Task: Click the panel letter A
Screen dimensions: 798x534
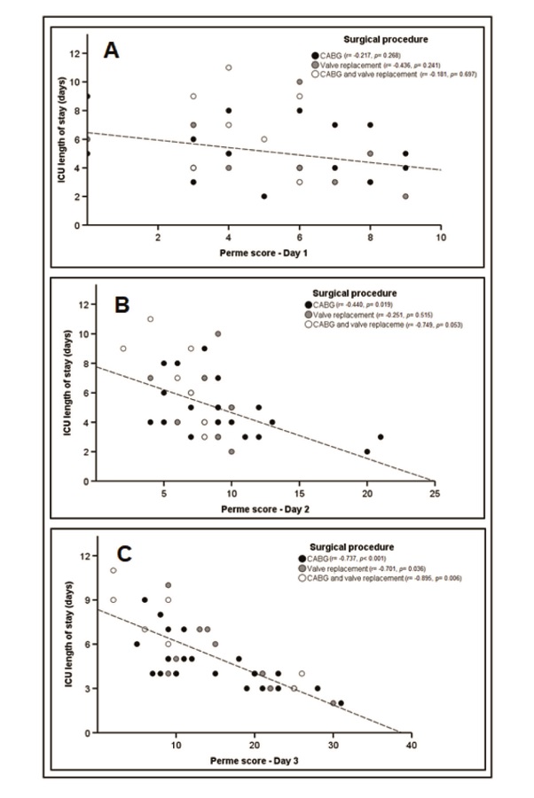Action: (111, 50)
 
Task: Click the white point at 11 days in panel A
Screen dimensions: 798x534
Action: (229, 67)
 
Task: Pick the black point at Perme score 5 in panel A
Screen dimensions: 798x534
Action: (264, 196)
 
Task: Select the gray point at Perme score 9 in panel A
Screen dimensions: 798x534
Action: (405, 196)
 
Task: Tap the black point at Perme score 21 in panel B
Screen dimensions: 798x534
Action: (381, 437)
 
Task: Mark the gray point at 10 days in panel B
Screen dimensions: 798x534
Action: (218, 334)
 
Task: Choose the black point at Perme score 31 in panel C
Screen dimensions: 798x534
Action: (341, 703)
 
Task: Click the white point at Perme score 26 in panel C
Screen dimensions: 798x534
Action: (302, 673)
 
